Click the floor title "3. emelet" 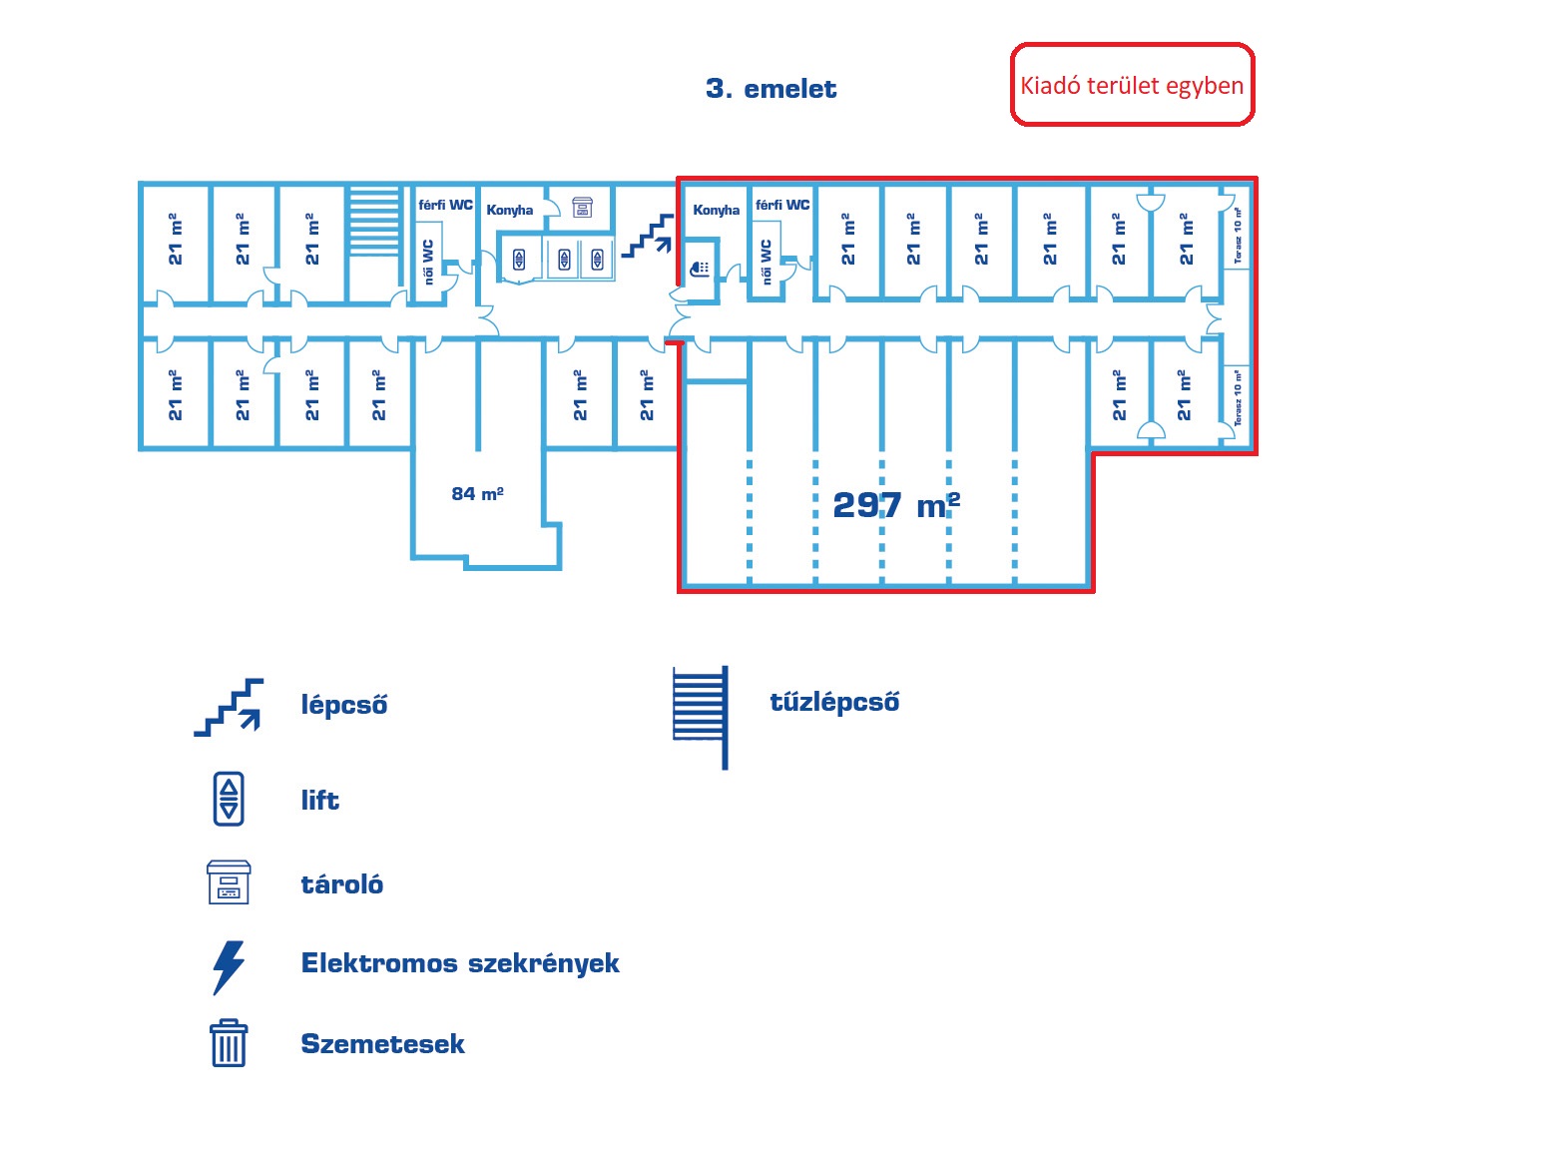pos(771,89)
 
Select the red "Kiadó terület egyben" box pos(1132,85)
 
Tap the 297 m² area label pos(895,505)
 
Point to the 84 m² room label pos(477,493)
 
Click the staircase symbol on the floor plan pos(648,237)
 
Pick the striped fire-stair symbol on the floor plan pos(374,222)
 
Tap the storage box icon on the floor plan pos(582,207)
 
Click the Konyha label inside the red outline pos(716,210)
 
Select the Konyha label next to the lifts pos(509,210)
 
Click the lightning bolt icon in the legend pos(229,966)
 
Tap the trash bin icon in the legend pos(229,1043)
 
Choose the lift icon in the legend pos(229,799)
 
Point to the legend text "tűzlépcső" pos(834,702)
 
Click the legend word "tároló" pos(341,884)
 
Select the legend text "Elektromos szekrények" pos(459,963)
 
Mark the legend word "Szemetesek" pos(382,1044)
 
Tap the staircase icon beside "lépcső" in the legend pos(230,707)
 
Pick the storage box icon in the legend pos(229,882)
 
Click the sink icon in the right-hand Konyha pos(700,268)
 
